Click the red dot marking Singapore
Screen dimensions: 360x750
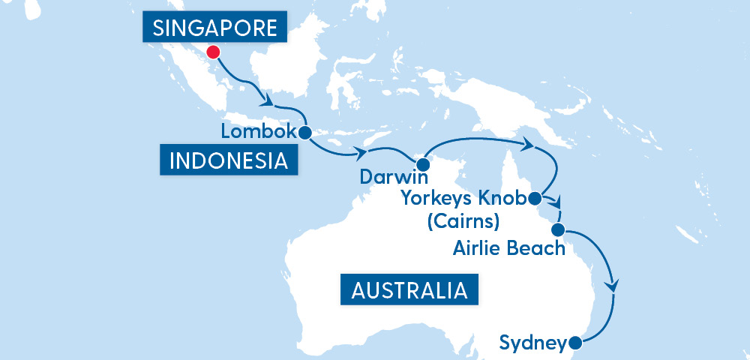coord(213,52)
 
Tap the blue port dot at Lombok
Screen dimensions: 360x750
coord(304,133)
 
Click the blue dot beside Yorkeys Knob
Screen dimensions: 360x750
coord(535,199)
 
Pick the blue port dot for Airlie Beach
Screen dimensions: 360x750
coord(558,229)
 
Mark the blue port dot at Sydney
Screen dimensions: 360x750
coord(575,343)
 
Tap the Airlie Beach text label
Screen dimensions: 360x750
coord(508,247)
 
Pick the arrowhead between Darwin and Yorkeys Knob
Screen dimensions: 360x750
coord(528,143)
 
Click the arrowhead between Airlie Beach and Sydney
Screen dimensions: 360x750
coord(615,286)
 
